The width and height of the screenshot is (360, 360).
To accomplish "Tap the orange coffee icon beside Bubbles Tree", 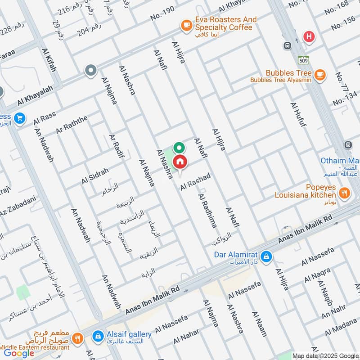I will (320, 75).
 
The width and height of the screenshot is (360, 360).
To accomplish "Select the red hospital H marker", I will (309, 37).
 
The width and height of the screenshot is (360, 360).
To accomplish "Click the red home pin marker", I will (180, 162).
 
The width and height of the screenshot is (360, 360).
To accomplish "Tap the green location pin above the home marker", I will (179, 147).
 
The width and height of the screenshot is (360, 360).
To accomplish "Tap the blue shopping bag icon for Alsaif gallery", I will (97, 336).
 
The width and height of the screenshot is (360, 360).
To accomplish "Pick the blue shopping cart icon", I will (19, 119).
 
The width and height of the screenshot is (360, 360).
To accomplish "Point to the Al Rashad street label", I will (195, 181).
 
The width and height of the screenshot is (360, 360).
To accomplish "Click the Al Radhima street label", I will (207, 211).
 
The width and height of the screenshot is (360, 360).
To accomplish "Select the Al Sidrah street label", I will (95, 176).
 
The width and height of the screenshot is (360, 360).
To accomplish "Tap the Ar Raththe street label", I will (72, 125).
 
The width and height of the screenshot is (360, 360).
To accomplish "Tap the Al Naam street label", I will (259, 324).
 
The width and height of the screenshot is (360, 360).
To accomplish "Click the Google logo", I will (19, 353).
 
